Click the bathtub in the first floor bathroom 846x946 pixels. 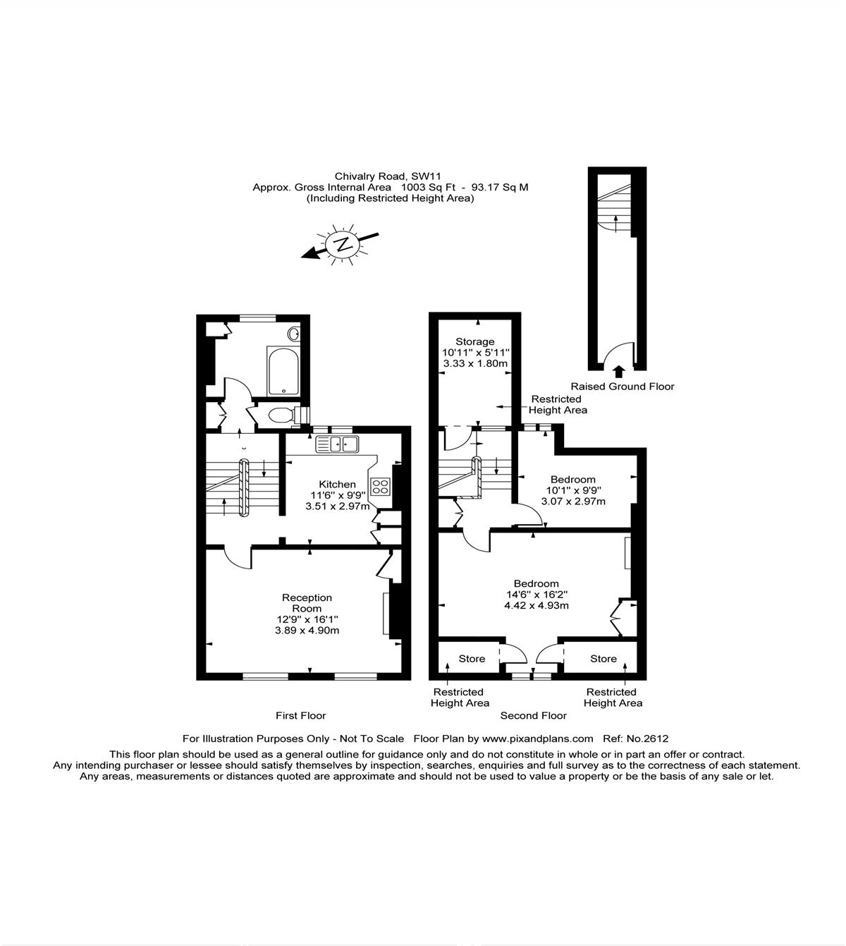(283, 371)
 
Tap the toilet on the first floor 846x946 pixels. (283, 414)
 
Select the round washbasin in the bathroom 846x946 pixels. (293, 334)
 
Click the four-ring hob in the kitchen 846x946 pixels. (380, 487)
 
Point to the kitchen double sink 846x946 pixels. (337, 444)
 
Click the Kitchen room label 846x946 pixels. (337, 484)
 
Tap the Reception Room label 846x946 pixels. (307, 603)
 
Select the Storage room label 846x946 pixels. (474, 342)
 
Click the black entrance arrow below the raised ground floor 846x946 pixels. (619, 372)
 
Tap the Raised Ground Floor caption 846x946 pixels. (623, 386)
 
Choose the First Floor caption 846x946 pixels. (300, 715)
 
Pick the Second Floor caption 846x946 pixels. (534, 715)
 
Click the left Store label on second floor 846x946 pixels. (472, 658)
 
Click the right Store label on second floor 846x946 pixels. (603, 658)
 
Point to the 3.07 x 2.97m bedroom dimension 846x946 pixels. (573, 502)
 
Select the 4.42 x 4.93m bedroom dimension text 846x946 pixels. (537, 605)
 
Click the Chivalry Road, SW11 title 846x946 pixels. (388, 176)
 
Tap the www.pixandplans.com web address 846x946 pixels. (537, 739)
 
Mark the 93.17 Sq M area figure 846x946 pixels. (500, 187)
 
